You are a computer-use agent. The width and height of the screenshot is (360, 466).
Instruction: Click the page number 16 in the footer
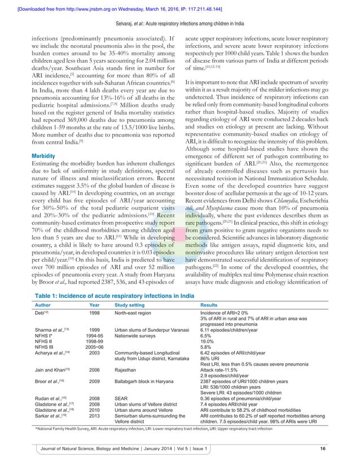coord(323,449)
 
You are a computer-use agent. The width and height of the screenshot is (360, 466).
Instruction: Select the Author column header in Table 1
coord(44,304)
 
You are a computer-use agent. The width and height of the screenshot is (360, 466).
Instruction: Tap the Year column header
coord(95,304)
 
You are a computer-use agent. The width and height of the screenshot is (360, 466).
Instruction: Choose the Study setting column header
coord(133,304)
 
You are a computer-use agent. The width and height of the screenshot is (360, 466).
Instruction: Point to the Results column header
coord(210,304)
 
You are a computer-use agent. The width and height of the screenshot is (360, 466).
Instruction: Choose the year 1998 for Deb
coord(95,313)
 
